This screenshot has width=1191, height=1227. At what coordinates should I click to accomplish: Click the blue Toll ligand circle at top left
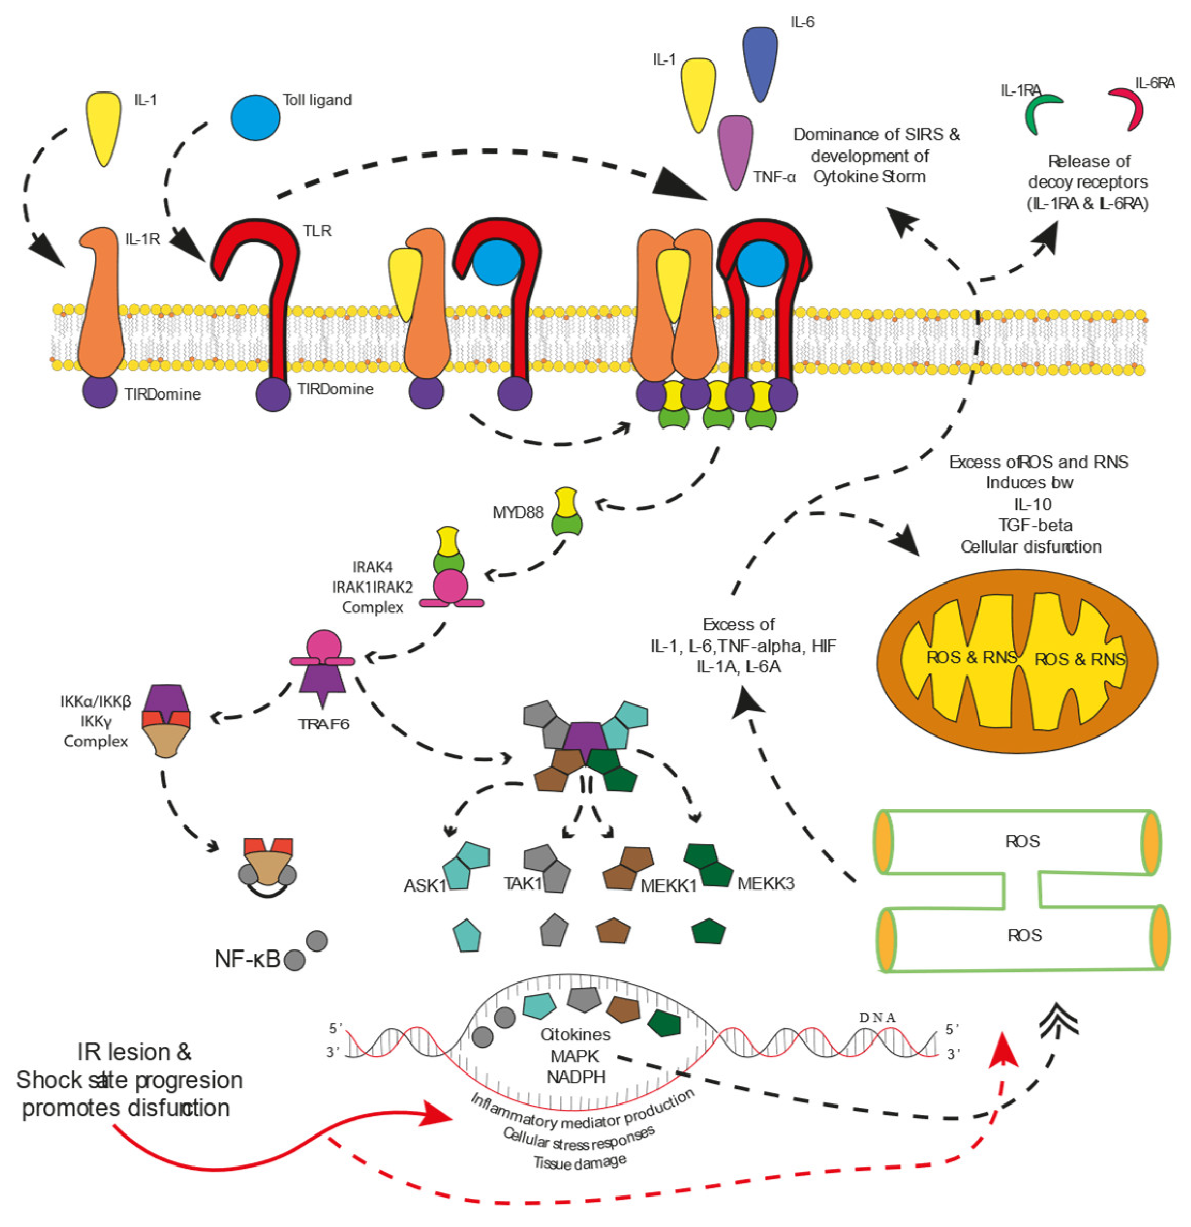pos(255,118)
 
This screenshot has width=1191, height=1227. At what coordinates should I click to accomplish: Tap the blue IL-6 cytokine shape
pos(759,62)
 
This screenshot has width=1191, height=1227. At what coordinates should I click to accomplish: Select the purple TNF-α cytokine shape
pos(735,150)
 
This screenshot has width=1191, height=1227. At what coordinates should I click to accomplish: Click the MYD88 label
pos(518,513)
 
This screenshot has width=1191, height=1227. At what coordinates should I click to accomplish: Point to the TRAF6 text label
pos(323,724)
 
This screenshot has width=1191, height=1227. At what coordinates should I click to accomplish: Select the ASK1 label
pos(424,886)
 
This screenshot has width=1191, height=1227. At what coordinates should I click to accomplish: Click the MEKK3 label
pos(765,884)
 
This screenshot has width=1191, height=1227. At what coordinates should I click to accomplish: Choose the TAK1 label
pos(523,883)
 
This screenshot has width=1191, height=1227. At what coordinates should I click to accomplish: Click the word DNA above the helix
pos(877,1017)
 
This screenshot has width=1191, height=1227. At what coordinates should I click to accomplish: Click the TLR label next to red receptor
pos(317,231)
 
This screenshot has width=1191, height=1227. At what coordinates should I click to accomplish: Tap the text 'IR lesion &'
pos(134,1052)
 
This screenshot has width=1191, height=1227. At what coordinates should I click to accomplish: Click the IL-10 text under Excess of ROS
pos(1033,504)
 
